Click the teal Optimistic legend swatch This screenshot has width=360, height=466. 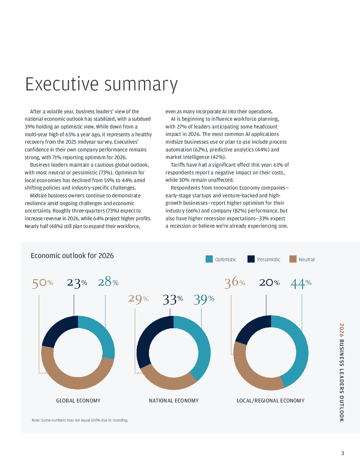click(209, 259)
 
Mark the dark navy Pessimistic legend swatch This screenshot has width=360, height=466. click(251, 259)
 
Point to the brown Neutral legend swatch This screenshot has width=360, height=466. click(293, 259)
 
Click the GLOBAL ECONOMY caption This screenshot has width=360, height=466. click(78, 401)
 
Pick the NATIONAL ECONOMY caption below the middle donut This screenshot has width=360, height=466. click(174, 401)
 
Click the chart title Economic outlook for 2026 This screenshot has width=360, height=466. click(72, 256)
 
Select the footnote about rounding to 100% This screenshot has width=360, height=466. click(80, 420)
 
